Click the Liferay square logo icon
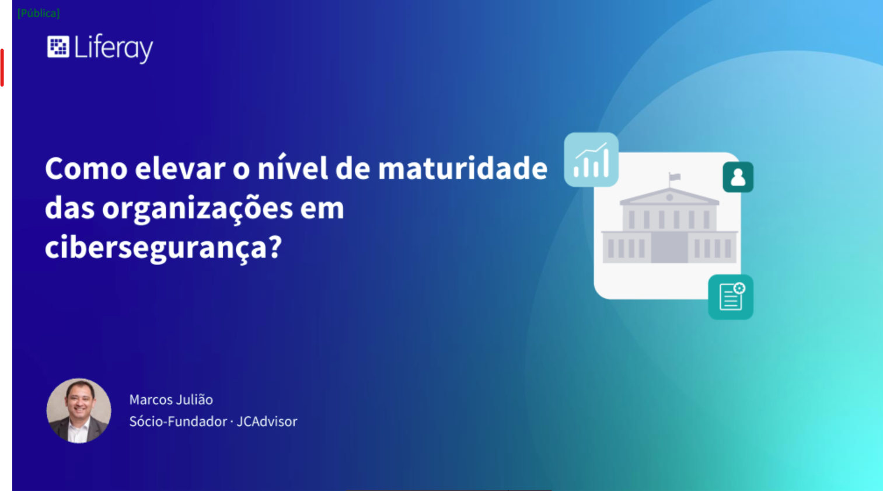pyautogui.click(x=58, y=47)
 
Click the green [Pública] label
pyautogui.click(x=39, y=13)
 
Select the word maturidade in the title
pyautogui.click(x=462, y=168)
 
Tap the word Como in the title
pyautogui.click(x=86, y=168)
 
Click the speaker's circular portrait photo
pyautogui.click(x=79, y=410)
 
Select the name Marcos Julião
pyautogui.click(x=171, y=399)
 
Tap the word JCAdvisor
pyautogui.click(x=267, y=421)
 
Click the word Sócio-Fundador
pyautogui.click(x=178, y=421)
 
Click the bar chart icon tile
pyautogui.click(x=591, y=160)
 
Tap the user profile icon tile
pyautogui.click(x=738, y=177)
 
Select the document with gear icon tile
pyautogui.click(x=731, y=297)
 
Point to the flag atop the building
pyautogui.click(x=674, y=177)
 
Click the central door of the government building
pyautogui.click(x=669, y=247)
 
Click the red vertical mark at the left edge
pyautogui.click(x=2, y=68)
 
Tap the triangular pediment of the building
pyautogui.click(x=669, y=196)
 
